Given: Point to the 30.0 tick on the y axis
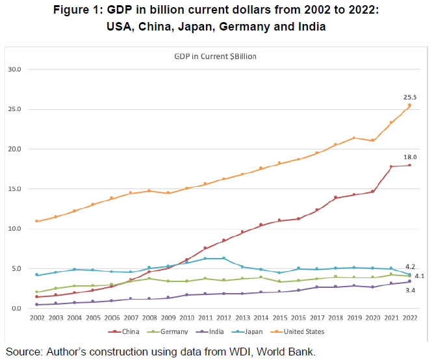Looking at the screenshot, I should (x=14, y=70).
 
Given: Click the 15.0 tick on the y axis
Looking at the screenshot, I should (x=14, y=189).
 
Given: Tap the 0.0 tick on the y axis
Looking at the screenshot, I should (x=16, y=309).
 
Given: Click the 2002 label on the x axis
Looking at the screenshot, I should (x=36, y=318).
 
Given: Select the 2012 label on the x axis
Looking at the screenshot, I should (x=223, y=318).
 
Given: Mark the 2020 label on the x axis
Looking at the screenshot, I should (x=372, y=318).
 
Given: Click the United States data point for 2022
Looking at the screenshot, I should (x=409, y=105).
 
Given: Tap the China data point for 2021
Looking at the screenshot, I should (x=391, y=166).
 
